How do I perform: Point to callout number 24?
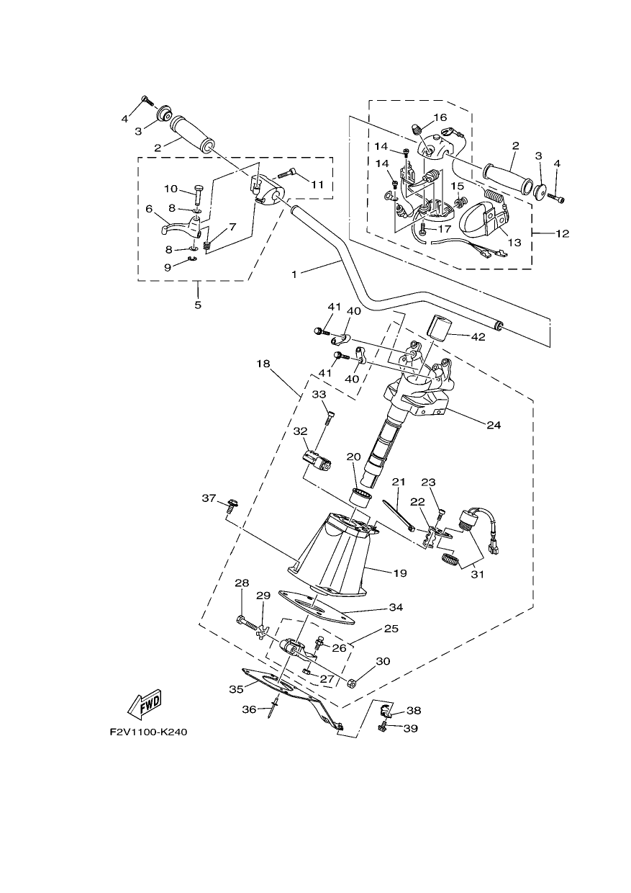point(493,426)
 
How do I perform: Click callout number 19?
point(400,573)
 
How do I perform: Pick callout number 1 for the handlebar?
point(294,274)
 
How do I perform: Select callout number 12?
point(562,233)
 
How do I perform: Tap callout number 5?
point(198,305)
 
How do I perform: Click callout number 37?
point(209,498)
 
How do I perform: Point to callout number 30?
point(383,661)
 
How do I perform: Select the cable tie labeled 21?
point(399,516)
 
